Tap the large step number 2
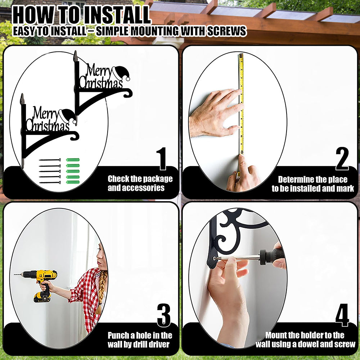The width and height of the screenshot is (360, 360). coord(342,159)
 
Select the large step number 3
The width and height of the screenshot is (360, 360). coord(164,315)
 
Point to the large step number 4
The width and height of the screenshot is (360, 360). coord(342,315)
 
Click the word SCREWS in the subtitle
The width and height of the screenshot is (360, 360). coord(227,31)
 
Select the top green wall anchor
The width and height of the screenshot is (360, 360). coord(73,160)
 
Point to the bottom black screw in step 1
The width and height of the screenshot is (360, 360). coord(50,183)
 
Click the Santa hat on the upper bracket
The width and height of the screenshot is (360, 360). coord(121,73)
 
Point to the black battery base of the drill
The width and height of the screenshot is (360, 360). coord(42,297)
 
